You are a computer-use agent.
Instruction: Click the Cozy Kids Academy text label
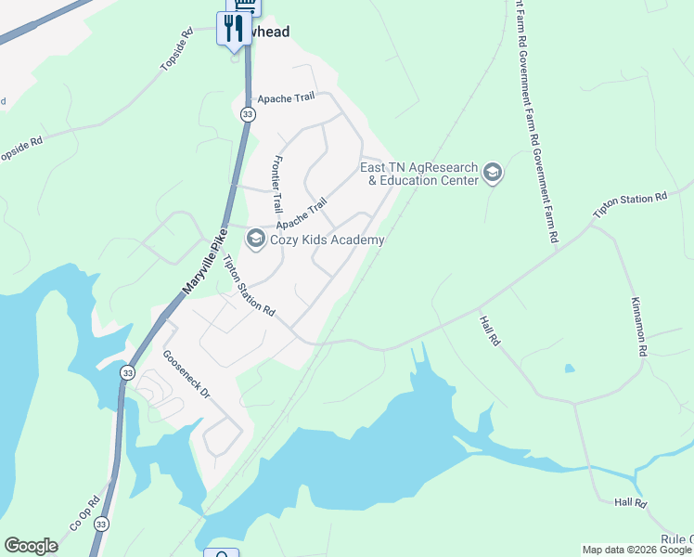pyautogui.click(x=327, y=240)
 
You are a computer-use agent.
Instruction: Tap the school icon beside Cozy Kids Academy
pyautogui.click(x=255, y=240)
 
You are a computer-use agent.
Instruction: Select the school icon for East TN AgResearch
pyautogui.click(x=492, y=173)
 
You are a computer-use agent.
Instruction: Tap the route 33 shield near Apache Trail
pyautogui.click(x=247, y=114)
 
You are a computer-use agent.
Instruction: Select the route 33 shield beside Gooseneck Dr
pyautogui.click(x=126, y=372)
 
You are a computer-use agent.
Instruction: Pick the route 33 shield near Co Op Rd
pyautogui.click(x=100, y=525)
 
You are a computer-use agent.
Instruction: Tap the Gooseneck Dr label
pyautogui.click(x=186, y=374)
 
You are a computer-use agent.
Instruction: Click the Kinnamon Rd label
pyautogui.click(x=637, y=328)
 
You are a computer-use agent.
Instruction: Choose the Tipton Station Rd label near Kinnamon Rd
pyautogui.click(x=630, y=207)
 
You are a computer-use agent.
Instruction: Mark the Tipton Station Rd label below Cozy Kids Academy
pyautogui.click(x=251, y=286)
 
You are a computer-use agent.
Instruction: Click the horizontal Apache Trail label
pyautogui.click(x=286, y=97)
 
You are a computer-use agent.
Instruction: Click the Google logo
pyautogui.click(x=31, y=546)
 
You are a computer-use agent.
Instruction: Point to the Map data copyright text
pyautogui.click(x=636, y=550)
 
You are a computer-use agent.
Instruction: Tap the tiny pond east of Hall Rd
pyautogui.click(x=569, y=368)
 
